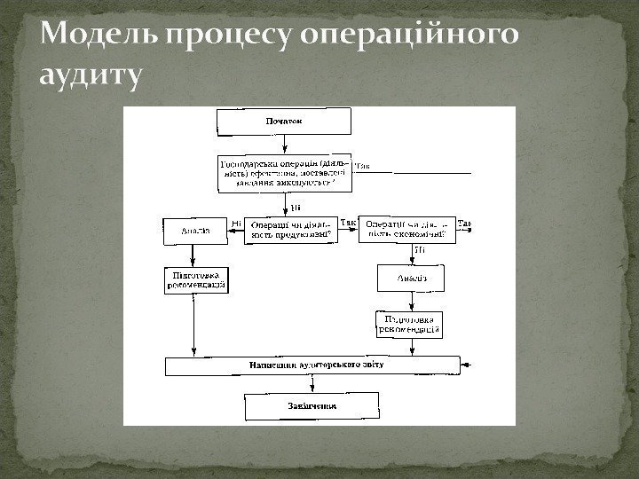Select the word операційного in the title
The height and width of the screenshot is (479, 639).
pyautogui.click(x=410, y=37)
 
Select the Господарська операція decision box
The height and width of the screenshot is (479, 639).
pyautogui.click(x=284, y=174)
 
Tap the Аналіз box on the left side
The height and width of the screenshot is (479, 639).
pyautogui.click(x=195, y=231)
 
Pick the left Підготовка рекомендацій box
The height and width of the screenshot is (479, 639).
pyautogui.click(x=195, y=280)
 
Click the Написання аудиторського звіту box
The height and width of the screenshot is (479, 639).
pyautogui.click(x=313, y=365)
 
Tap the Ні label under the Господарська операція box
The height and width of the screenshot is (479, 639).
pyautogui.click(x=296, y=208)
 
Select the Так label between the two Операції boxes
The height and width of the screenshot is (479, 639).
pyautogui.click(x=348, y=223)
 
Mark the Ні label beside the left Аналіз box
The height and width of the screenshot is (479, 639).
pyautogui.click(x=235, y=223)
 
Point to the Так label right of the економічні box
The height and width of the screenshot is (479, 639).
pyautogui.click(x=466, y=223)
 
